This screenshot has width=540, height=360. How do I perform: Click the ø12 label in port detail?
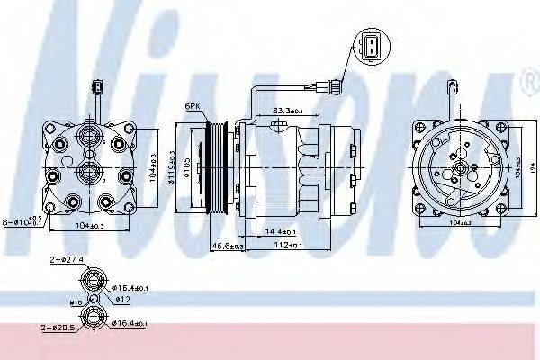[x=122, y=299]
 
